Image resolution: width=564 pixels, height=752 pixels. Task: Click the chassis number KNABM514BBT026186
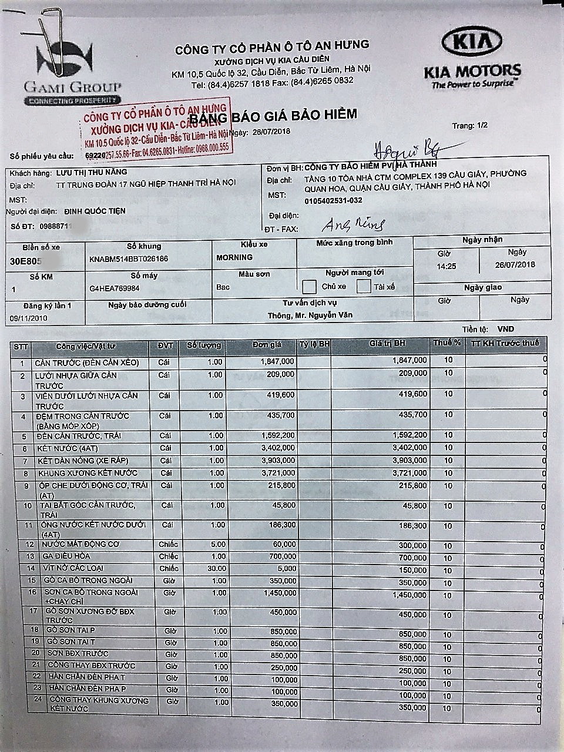(x=129, y=258)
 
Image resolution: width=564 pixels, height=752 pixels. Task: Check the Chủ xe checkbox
(x=310, y=287)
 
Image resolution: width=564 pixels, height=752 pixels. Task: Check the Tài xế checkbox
(x=364, y=287)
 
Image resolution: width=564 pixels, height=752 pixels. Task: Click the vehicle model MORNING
(x=234, y=257)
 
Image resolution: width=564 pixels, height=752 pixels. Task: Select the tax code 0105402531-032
(x=333, y=200)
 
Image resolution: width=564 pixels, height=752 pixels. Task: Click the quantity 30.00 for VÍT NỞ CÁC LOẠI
(x=216, y=569)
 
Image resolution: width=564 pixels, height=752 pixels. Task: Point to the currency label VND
(x=505, y=329)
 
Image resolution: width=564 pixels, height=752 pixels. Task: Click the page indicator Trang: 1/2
(x=470, y=126)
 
